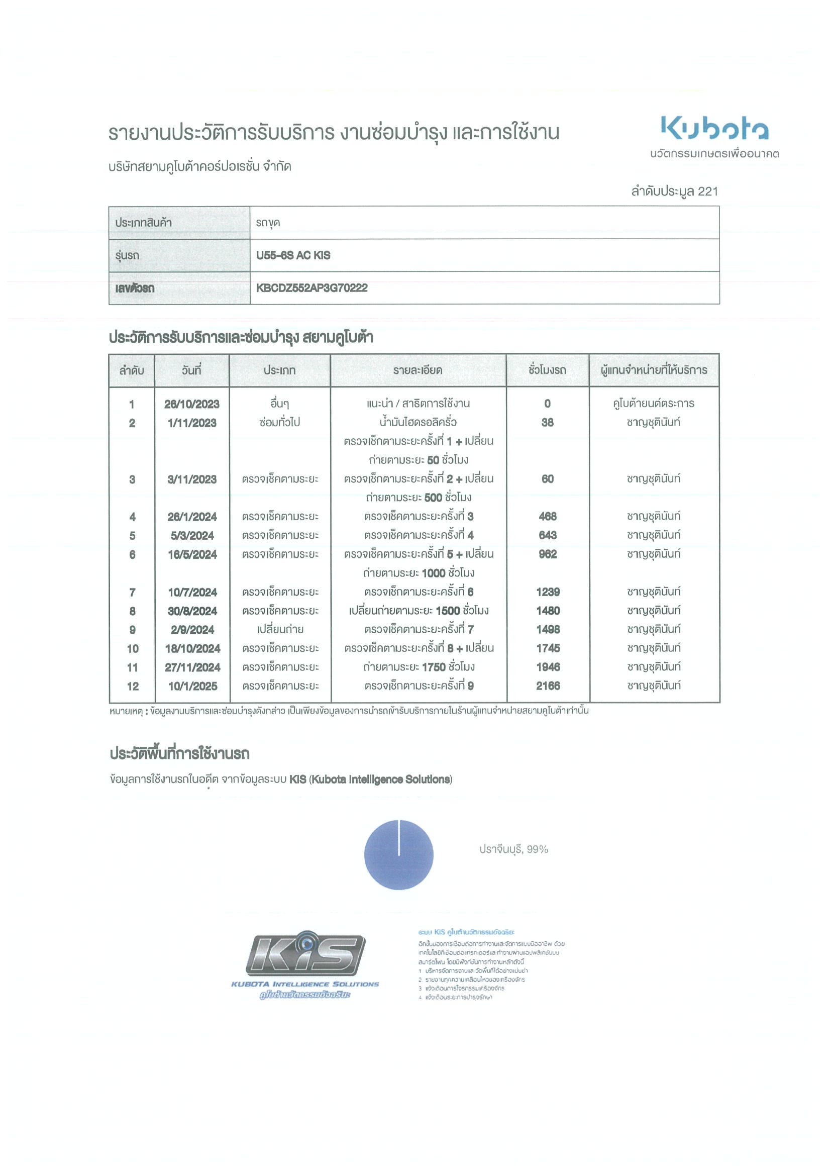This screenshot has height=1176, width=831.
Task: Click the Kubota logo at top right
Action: pos(714,129)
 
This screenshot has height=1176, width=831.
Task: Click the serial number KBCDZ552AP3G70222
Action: pos(312,288)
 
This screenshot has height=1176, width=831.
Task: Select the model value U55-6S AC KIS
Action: pos(293,255)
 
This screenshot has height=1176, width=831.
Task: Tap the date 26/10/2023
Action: pos(191,404)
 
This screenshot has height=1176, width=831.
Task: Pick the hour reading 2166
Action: pos(548,686)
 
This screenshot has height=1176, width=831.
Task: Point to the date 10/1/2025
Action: pos(192,687)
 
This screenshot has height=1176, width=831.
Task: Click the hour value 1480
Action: pos(548,611)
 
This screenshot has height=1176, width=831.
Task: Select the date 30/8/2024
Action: pos(192,611)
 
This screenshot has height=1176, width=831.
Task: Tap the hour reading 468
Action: pos(547,516)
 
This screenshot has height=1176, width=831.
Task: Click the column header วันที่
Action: pos(191,370)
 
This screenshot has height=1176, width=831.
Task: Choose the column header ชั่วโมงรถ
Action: pos(547,370)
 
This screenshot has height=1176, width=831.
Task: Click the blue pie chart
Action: pos(398,855)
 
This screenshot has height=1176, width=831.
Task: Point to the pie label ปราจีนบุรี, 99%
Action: pos(513,849)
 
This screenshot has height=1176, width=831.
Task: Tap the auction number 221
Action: pos(707,191)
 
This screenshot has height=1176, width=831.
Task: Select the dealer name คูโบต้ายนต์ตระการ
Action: pos(653,404)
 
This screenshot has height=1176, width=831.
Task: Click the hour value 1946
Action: pos(548,667)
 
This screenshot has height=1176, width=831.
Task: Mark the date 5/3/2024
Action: pos(192,536)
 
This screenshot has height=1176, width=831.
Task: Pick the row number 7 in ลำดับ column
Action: pos(132,593)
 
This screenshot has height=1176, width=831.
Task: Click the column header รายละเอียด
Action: pos(418,370)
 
